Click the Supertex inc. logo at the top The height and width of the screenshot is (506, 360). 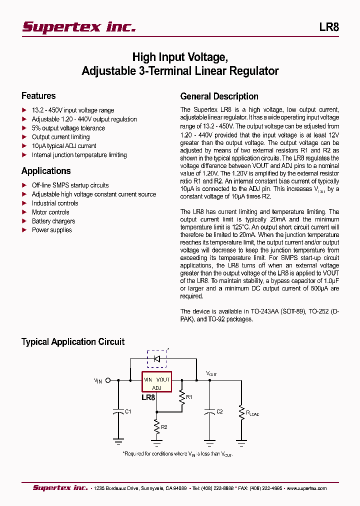pos(79,27)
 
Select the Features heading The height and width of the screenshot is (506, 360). pos(38,96)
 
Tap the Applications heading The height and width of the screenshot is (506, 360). pos(46,171)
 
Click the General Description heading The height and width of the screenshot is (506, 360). pos(219,96)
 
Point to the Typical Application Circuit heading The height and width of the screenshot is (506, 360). pos(73,342)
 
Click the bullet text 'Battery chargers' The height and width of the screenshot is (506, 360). pos(53,221)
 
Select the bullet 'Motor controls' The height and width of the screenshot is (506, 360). pos(50,212)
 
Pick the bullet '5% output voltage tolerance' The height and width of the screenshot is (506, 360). pos(68,128)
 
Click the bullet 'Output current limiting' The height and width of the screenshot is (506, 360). pos(61,137)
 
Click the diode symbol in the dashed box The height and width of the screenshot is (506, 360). pos(156,358)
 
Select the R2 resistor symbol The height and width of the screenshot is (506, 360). pos(157,426)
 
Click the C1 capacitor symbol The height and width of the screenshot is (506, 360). pos(118,412)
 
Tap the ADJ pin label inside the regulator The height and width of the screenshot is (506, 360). pos(156,388)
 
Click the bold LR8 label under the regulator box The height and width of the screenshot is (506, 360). pos(148,398)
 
